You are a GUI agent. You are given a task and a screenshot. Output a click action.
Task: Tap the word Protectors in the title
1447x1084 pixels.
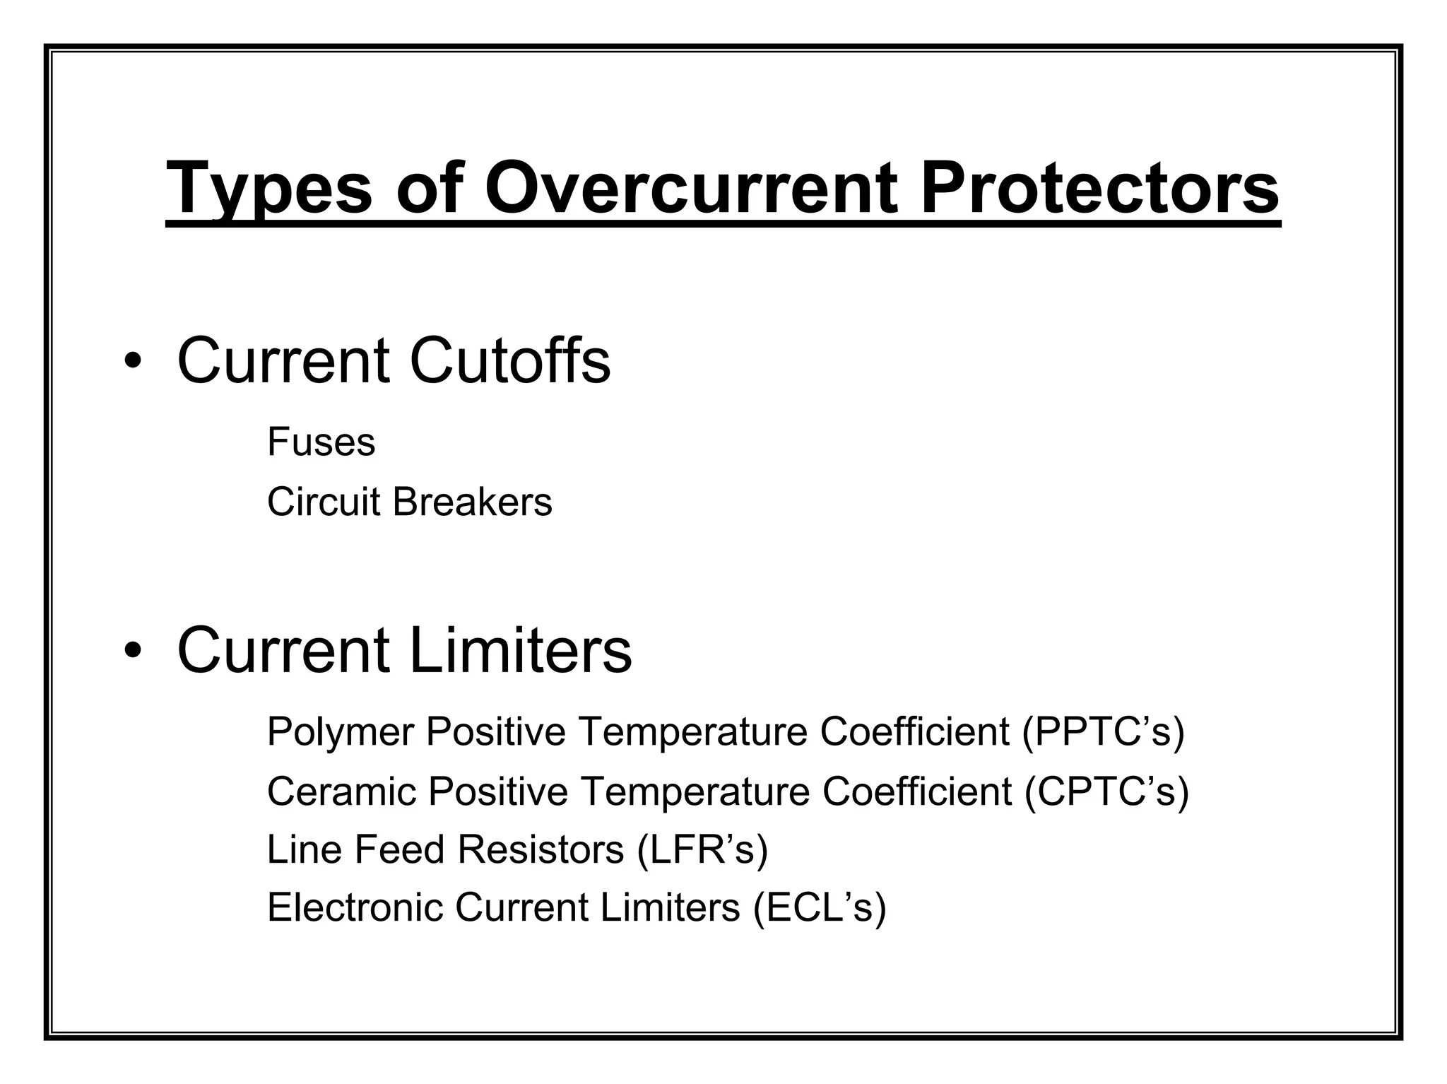pyautogui.click(x=1099, y=188)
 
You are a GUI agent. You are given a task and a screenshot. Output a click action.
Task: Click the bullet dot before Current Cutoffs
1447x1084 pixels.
pyautogui.click(x=132, y=362)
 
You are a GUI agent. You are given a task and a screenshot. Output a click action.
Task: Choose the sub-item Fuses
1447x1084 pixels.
pyautogui.click(x=321, y=442)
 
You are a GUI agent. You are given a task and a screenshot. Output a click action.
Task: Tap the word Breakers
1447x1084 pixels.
pyautogui.click(x=472, y=502)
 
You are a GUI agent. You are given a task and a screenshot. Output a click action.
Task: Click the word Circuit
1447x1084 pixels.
pyautogui.click(x=324, y=502)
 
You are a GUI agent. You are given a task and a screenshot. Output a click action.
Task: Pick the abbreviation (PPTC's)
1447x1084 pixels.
pyautogui.click(x=1103, y=732)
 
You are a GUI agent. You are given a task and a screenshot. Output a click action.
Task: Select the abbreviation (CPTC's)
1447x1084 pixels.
pyautogui.click(x=1106, y=791)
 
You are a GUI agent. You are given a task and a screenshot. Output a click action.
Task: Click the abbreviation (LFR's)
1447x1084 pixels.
pyautogui.click(x=702, y=849)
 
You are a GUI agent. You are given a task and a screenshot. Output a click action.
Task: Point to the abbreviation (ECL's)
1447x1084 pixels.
pyautogui.click(x=819, y=908)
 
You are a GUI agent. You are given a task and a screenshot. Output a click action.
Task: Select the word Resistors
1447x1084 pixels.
pyautogui.click(x=541, y=849)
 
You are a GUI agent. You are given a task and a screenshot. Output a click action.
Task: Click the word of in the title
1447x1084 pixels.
pyautogui.click(x=429, y=188)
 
